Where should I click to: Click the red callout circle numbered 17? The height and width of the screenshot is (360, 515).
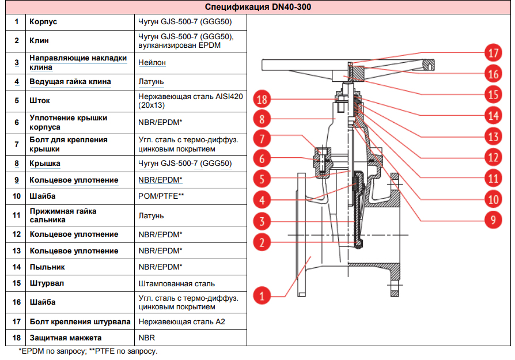click(494, 54)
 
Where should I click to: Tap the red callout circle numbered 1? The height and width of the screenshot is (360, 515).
click(262, 297)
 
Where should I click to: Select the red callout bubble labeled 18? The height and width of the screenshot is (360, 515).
click(262, 100)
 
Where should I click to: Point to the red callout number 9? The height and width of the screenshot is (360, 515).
click(494, 219)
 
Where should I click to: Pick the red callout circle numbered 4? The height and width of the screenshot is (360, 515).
click(262, 200)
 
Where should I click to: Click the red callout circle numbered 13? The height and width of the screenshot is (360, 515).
click(494, 137)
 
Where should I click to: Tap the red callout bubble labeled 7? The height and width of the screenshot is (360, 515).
click(262, 139)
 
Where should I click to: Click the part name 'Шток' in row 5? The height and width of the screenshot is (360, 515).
click(40, 100)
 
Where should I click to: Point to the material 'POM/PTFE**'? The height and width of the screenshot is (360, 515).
click(161, 196)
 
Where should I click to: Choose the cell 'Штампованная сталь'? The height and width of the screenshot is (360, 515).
click(176, 283)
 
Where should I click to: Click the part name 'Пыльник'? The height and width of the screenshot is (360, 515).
click(47, 267)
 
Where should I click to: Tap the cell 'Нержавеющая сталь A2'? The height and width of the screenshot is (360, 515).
click(181, 321)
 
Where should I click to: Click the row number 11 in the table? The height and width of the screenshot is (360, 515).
click(17, 215)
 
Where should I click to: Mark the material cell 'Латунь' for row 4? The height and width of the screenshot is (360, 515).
click(151, 82)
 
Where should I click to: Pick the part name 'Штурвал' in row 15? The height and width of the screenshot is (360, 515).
click(46, 283)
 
